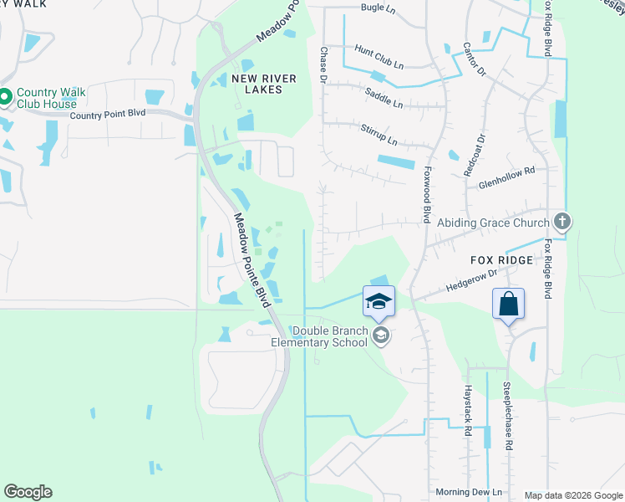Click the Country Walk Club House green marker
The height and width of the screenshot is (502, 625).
(x=4, y=98)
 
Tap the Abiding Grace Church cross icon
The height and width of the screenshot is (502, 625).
(x=562, y=223)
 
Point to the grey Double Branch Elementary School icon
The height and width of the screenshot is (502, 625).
(x=380, y=336)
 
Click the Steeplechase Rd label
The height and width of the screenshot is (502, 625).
(x=507, y=415)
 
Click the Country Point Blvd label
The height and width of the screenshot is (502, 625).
(x=108, y=115)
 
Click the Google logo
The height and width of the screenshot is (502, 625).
(x=28, y=492)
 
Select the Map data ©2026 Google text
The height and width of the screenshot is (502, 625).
(x=572, y=495)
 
